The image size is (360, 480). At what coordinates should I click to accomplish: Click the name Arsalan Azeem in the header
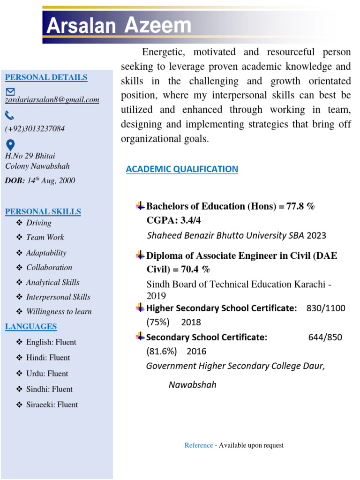119,26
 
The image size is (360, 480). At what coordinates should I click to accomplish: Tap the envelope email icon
10,91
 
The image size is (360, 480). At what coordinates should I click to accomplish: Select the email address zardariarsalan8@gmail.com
52,100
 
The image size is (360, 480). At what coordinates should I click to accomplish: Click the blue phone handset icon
10,115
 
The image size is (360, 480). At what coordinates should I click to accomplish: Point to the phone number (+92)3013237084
35,128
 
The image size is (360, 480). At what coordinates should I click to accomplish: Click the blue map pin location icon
10,144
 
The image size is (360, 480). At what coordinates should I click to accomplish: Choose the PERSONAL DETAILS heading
46,77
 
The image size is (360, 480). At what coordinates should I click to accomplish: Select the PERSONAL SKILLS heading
43,212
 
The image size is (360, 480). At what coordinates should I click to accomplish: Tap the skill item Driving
38,223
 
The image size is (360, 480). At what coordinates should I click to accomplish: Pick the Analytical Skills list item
52,282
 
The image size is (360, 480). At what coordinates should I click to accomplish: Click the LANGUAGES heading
31,327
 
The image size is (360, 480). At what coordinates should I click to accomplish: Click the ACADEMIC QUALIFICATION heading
182,169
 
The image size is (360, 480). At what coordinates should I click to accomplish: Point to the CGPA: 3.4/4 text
173,220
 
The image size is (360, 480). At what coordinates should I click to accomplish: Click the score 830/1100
326,308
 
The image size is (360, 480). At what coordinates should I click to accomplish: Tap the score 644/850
325,337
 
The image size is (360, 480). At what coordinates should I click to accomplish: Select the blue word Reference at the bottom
198,445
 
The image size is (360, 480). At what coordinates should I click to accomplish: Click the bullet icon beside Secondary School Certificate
140,337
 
